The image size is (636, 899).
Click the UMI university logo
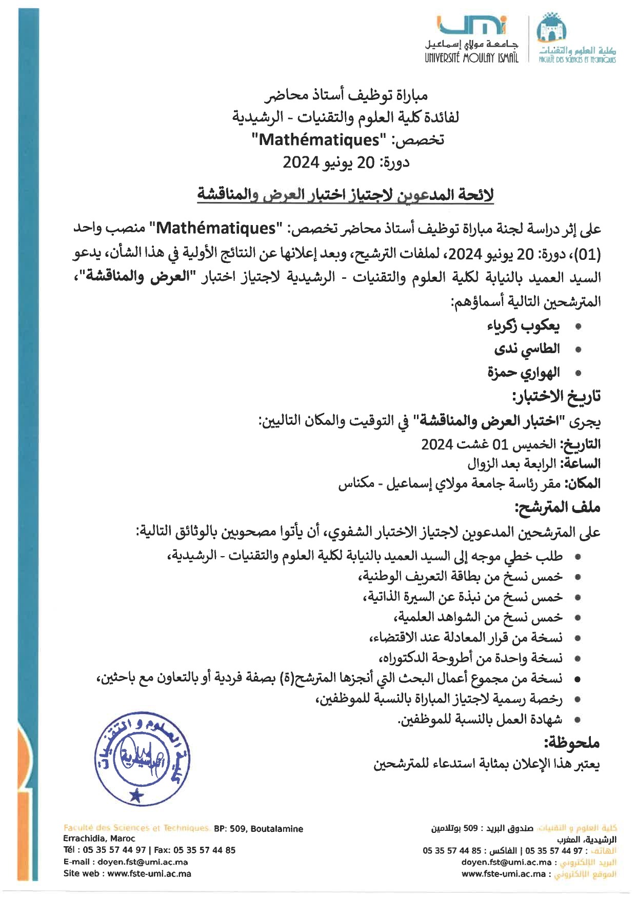tap(471, 40)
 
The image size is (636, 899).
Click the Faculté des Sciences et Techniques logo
tap(577, 39)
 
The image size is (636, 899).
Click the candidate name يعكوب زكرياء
tap(523, 325)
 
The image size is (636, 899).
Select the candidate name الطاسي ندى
tap(527, 350)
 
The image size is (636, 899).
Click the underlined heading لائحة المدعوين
tap(345, 195)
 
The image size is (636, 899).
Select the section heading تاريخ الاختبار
tap(556, 396)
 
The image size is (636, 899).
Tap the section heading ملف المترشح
tap(558, 507)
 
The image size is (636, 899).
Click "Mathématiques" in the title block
tap(319, 139)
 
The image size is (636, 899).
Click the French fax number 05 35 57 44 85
tap(204, 850)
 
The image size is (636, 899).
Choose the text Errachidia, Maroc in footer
tap(99, 839)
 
